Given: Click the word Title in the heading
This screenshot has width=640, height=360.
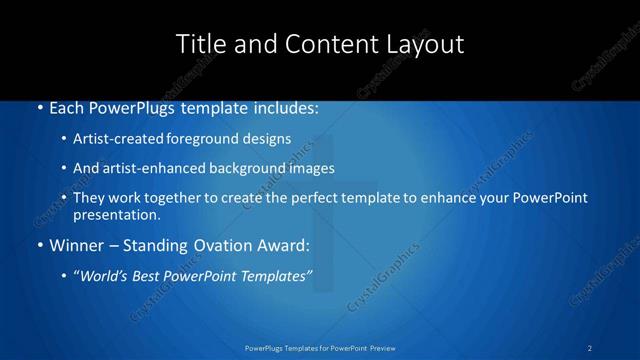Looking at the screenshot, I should coord(199,44).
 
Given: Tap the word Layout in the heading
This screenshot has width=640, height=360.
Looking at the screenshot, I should coord(424,44).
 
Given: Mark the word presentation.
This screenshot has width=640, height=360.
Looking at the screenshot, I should coord(116,214).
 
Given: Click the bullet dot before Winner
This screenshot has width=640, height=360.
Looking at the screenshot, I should coord(38,245).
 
